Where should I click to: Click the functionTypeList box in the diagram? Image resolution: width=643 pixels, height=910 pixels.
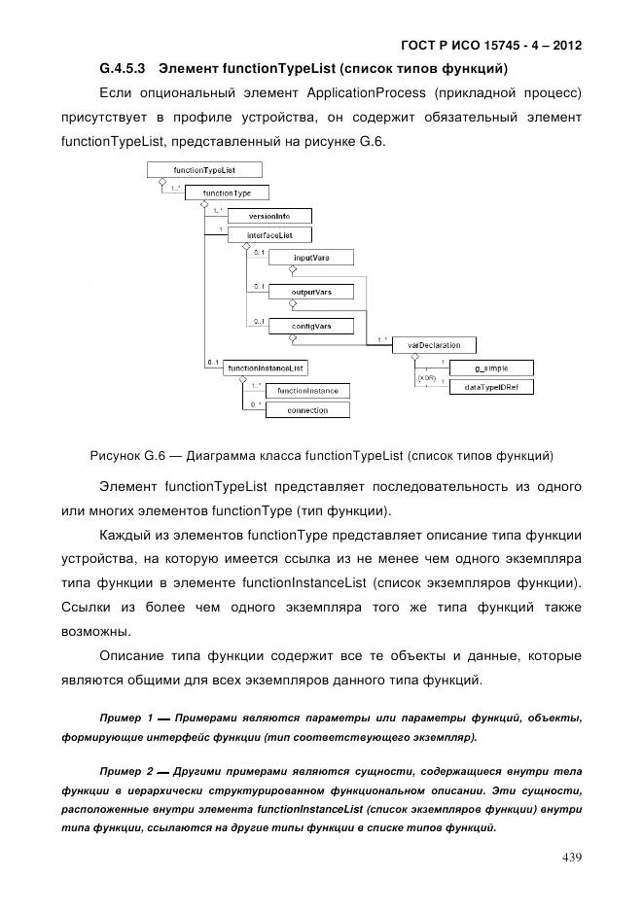pos(203,170)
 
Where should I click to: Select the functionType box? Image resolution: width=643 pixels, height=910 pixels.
pos(227,192)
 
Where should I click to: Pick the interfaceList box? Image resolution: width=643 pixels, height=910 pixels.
pos(265,235)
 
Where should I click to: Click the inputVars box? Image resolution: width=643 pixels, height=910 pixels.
pos(310,257)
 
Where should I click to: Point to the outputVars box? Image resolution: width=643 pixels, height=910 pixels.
pos(311,292)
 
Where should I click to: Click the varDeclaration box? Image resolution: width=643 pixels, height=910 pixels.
pos(427,345)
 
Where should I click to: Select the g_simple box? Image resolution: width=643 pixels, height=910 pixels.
pos(490,367)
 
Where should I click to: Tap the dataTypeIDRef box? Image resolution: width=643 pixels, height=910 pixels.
pos(490,387)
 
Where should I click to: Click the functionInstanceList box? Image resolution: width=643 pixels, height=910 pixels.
pos(266,367)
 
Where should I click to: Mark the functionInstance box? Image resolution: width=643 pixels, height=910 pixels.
pos(307,391)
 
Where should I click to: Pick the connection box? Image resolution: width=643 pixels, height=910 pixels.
pos(307,410)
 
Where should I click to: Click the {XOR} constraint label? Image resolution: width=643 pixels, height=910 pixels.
pos(426,376)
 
